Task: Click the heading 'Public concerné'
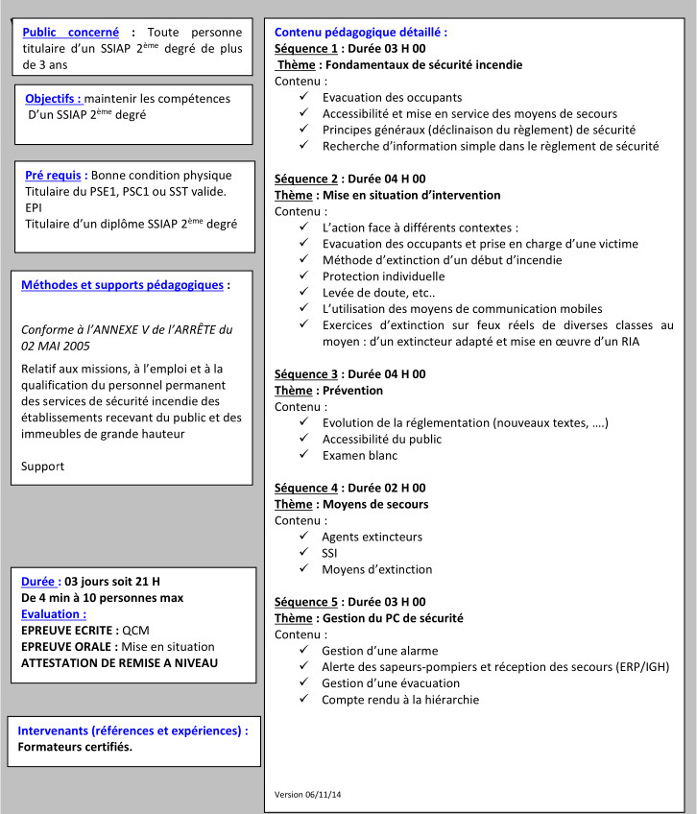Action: [71, 32]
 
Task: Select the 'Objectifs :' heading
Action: [53, 98]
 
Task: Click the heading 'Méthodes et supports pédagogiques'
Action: [122, 285]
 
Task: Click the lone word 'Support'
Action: [42, 467]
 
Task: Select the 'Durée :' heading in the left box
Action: [41, 581]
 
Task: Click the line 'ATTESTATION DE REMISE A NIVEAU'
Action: [119, 663]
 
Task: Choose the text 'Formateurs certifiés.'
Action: [75, 747]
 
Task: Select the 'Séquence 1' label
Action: [306, 49]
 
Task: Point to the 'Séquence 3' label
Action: [306, 374]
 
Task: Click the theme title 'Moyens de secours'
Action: [378, 504]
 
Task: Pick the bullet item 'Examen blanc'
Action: [360, 455]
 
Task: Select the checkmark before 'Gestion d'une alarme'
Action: [303, 651]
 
